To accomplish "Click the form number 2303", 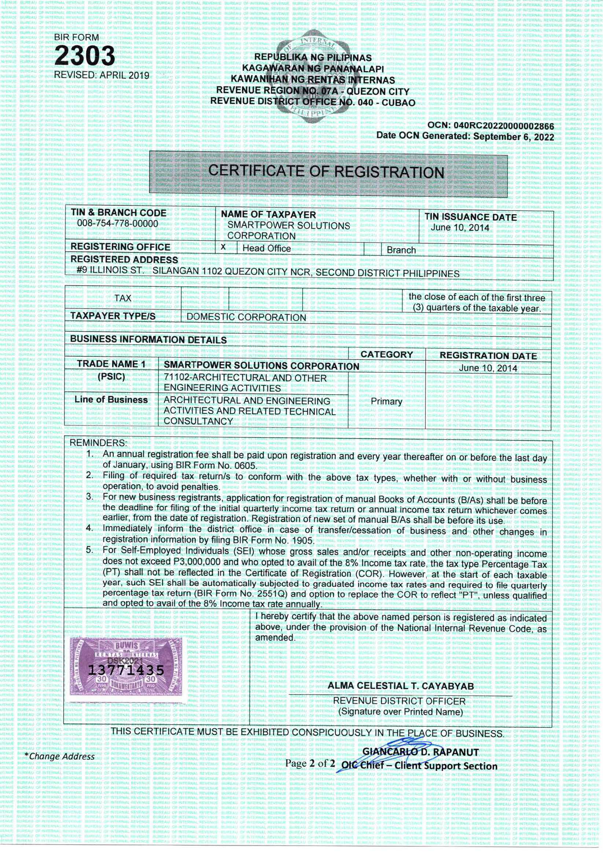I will [84, 56].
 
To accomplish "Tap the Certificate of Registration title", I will [326, 172].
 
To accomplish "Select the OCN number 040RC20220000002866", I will [504, 126].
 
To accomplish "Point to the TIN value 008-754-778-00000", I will [118, 223].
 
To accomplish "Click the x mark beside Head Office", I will [223, 247].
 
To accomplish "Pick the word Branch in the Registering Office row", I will [401, 250].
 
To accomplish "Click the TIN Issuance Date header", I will [470, 217].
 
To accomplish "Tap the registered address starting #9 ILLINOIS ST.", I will [268, 272].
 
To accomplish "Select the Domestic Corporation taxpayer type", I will [246, 317].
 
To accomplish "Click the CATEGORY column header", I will [386, 355].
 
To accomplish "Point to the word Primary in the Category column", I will [386, 401].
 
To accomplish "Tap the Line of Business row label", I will [111, 400].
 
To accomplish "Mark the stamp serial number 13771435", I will [126, 670].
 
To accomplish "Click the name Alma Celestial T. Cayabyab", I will [401, 686].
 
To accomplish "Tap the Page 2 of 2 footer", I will [310, 763].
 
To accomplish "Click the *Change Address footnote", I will [59, 756].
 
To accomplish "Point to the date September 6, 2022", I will [513, 137].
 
